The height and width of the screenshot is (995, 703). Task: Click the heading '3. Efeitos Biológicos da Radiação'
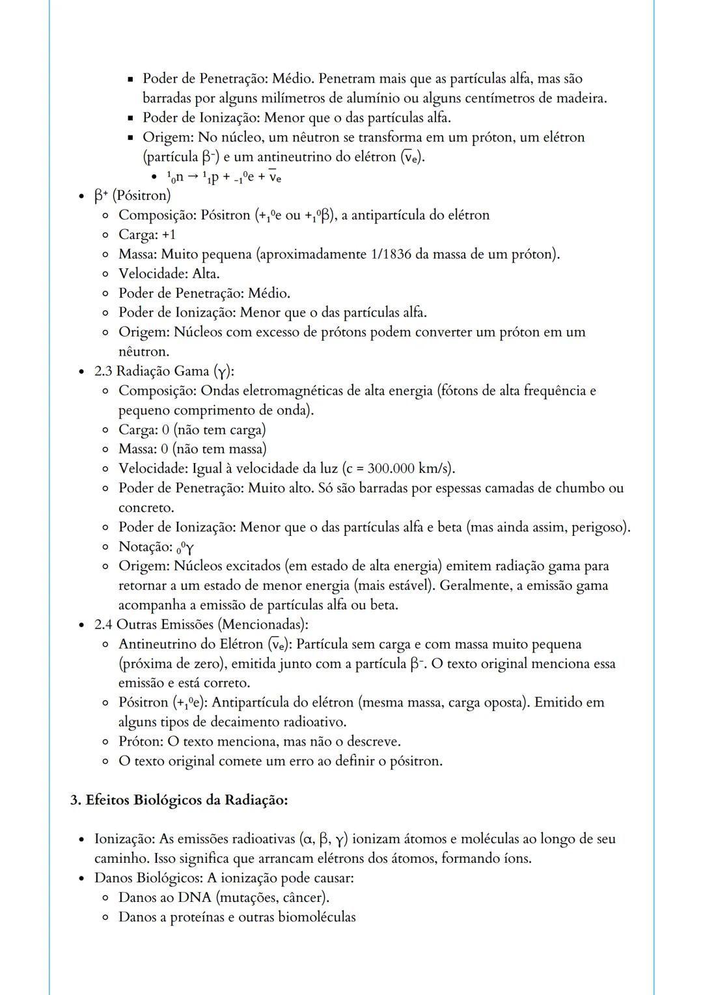tap(179, 800)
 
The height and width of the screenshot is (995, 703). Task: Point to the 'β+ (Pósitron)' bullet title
tap(133, 195)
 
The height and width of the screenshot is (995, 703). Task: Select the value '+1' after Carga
tap(168, 234)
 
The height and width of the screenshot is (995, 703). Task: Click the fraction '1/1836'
tap(391, 254)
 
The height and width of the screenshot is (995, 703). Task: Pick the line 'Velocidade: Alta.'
tap(169, 273)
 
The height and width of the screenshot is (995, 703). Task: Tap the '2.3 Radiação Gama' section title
tap(164, 371)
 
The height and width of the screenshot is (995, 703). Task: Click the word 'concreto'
tap(146, 508)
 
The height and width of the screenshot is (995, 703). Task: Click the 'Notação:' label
tap(145, 547)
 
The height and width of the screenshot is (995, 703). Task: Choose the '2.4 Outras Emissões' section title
tap(200, 624)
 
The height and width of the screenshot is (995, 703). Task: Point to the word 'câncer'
tap(303, 897)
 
